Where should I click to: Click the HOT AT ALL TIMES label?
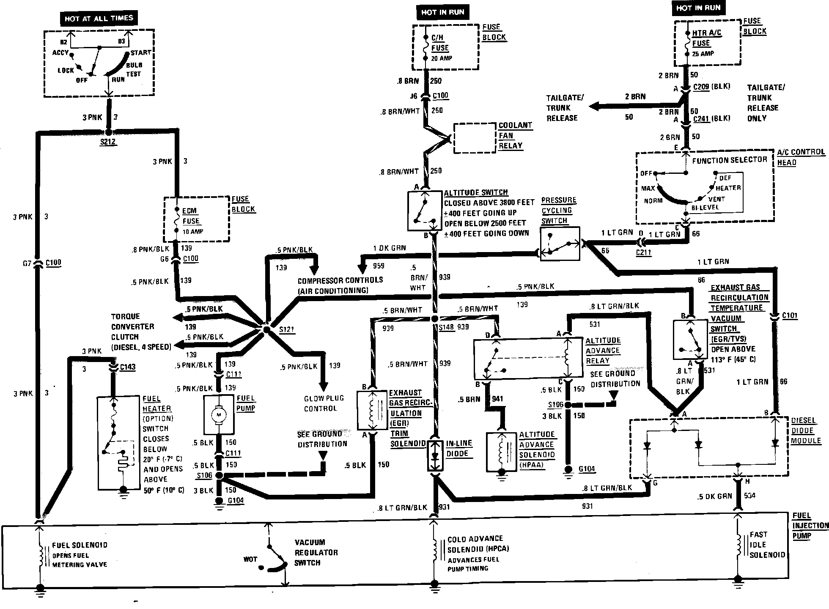[99, 19]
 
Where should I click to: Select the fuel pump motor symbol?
[219, 415]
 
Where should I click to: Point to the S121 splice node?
[266, 329]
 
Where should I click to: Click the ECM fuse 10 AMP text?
[192, 232]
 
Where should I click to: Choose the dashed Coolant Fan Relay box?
[474, 138]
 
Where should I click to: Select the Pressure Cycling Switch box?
[560, 244]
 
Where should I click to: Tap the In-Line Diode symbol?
[434, 456]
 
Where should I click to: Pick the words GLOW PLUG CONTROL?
[324, 403]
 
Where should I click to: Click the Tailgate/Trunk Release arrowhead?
[594, 106]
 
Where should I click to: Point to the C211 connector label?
[644, 253]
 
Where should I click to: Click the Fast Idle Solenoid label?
[767, 545]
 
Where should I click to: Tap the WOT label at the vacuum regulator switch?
[250, 559]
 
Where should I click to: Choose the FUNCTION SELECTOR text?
[729, 160]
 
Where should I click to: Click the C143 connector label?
[127, 367]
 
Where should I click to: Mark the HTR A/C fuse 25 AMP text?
[703, 54]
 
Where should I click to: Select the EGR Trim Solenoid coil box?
[372, 411]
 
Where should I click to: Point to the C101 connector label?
[790, 315]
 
